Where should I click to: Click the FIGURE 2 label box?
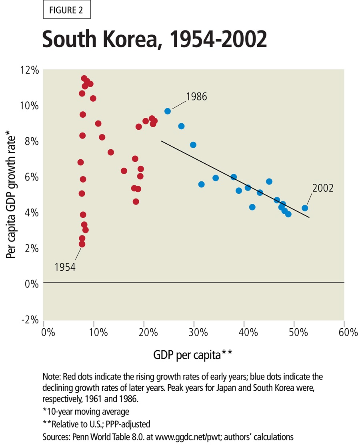[x=67, y=11]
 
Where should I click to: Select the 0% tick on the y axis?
[x=32, y=284]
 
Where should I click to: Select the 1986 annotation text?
[x=196, y=96]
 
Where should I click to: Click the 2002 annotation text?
[x=323, y=188]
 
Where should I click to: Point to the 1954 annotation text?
[x=65, y=267]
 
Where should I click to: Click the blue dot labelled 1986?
[x=168, y=111]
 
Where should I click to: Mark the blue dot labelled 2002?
[x=305, y=208]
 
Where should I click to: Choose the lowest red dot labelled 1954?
[x=82, y=244]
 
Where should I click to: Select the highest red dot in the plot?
[x=84, y=78]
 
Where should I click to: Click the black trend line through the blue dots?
[x=235, y=179]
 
